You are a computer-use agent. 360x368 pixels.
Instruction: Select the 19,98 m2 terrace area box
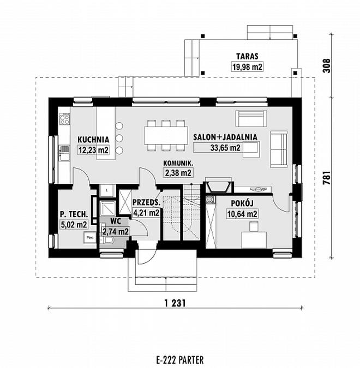246,66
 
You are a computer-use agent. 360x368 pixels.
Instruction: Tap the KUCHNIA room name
93,139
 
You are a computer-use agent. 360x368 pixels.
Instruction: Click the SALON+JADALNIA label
225,137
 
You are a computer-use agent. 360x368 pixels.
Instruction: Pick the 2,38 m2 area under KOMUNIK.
178,173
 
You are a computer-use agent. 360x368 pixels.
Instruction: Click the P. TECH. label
73,214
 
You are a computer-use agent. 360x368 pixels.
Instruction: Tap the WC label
115,222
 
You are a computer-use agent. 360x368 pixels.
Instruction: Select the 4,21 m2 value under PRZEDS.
146,213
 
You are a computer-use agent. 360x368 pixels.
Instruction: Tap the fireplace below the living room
217,187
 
